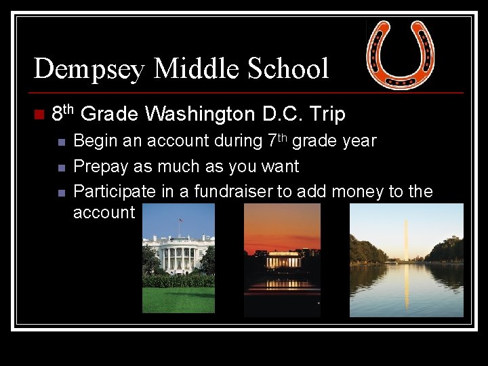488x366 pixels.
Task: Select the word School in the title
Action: pyautogui.click(x=287, y=69)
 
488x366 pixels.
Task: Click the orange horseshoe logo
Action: pyautogui.click(x=401, y=54)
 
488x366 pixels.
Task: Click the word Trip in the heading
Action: pyautogui.click(x=327, y=115)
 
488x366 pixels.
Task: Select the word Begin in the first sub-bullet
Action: pyautogui.click(x=93, y=142)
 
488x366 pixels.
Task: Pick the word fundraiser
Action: pyautogui.click(x=233, y=192)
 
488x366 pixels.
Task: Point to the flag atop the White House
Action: pyautogui.click(x=181, y=220)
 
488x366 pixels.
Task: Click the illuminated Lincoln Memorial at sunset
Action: pyautogui.click(x=282, y=261)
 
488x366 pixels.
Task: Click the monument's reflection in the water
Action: pyautogui.click(x=406, y=288)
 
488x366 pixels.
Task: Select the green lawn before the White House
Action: pyautogui.click(x=178, y=299)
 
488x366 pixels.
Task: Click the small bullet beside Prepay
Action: pyautogui.click(x=60, y=167)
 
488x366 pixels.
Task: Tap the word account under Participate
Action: pyautogui.click(x=104, y=212)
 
